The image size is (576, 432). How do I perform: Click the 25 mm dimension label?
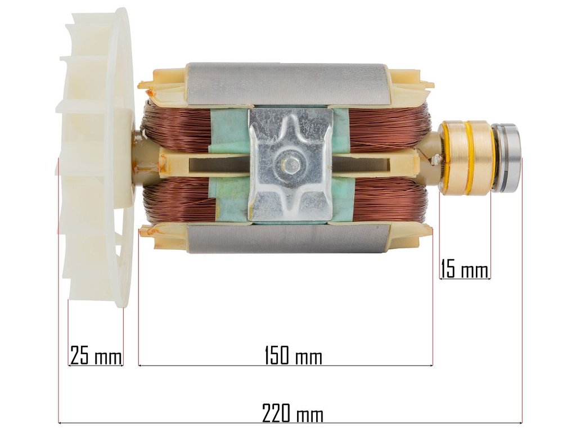pos(96,354)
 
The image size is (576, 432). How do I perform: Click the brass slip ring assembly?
pos(466,157)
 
